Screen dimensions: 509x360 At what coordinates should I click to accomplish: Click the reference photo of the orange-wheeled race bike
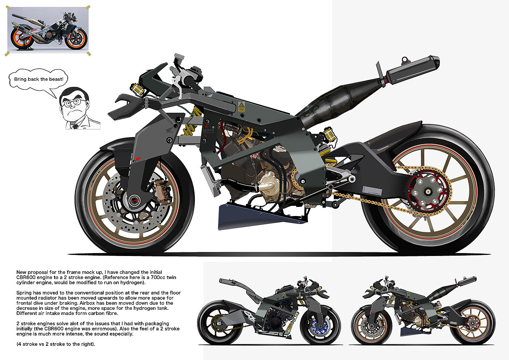tap(48, 29)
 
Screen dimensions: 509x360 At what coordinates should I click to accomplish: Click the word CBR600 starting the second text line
tap(25, 277)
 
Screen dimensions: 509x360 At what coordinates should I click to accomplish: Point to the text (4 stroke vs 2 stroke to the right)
tap(56, 344)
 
